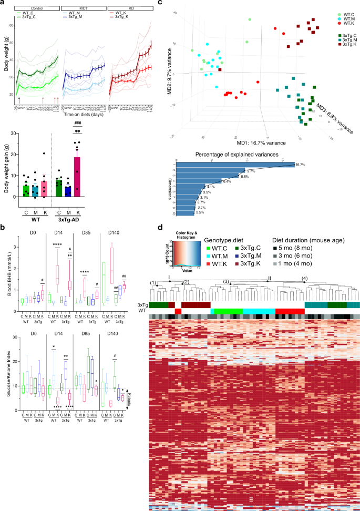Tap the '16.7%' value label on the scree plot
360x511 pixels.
click(x=301, y=164)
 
